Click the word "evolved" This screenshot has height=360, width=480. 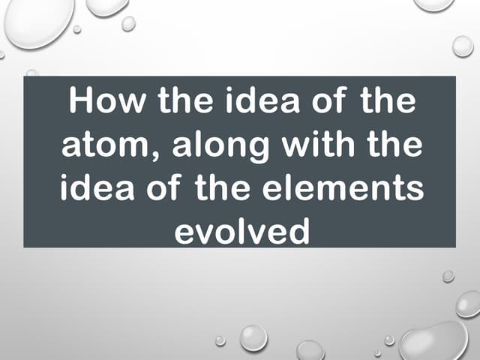pyautogui.click(x=241, y=230)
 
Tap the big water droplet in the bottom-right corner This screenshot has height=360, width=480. pyautogui.click(x=434, y=342)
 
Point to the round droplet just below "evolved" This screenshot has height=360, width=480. pyautogui.click(x=253, y=337)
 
